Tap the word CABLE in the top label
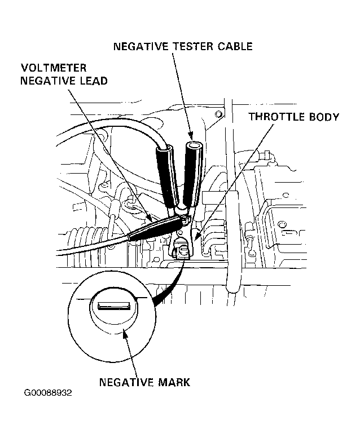tap(235, 46)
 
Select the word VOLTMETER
tap(54, 68)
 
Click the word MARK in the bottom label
tap(174, 382)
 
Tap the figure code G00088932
tap(48, 393)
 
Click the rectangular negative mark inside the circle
tap(114, 306)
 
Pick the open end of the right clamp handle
tap(194, 147)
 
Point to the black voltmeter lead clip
tap(157, 227)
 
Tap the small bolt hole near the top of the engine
tap(219, 114)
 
